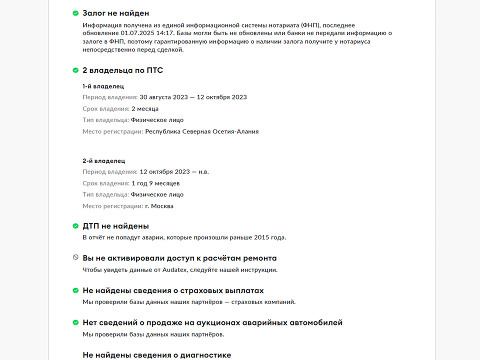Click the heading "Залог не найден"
coord(115,13)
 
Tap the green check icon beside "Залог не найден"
coord(75,13)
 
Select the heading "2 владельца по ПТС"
coord(122,70)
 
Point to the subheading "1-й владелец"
coord(103,86)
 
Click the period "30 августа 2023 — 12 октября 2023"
coord(193,97)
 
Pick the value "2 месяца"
coord(145,109)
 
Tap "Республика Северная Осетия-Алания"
coord(201,132)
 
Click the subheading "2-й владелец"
coord(104,161)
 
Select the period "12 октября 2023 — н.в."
coord(174,172)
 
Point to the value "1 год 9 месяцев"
coord(155,183)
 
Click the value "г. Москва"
coord(159,206)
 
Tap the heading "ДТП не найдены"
coord(115,226)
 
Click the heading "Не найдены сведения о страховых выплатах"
coord(173,290)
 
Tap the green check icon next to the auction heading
coord(75,323)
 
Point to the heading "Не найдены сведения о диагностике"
coord(156,355)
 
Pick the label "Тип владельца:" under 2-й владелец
coord(105,194)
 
